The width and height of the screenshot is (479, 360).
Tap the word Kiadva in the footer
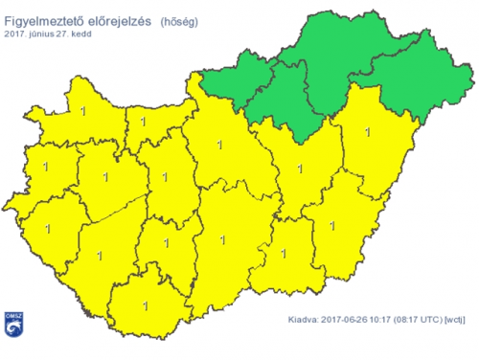coord(305,321)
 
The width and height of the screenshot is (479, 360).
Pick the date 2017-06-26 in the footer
coord(349,321)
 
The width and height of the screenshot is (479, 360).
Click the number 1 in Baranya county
coord(146,306)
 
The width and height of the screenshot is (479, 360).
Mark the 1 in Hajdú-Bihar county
coord(369,131)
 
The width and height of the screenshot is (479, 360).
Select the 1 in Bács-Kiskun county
coord(222,240)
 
